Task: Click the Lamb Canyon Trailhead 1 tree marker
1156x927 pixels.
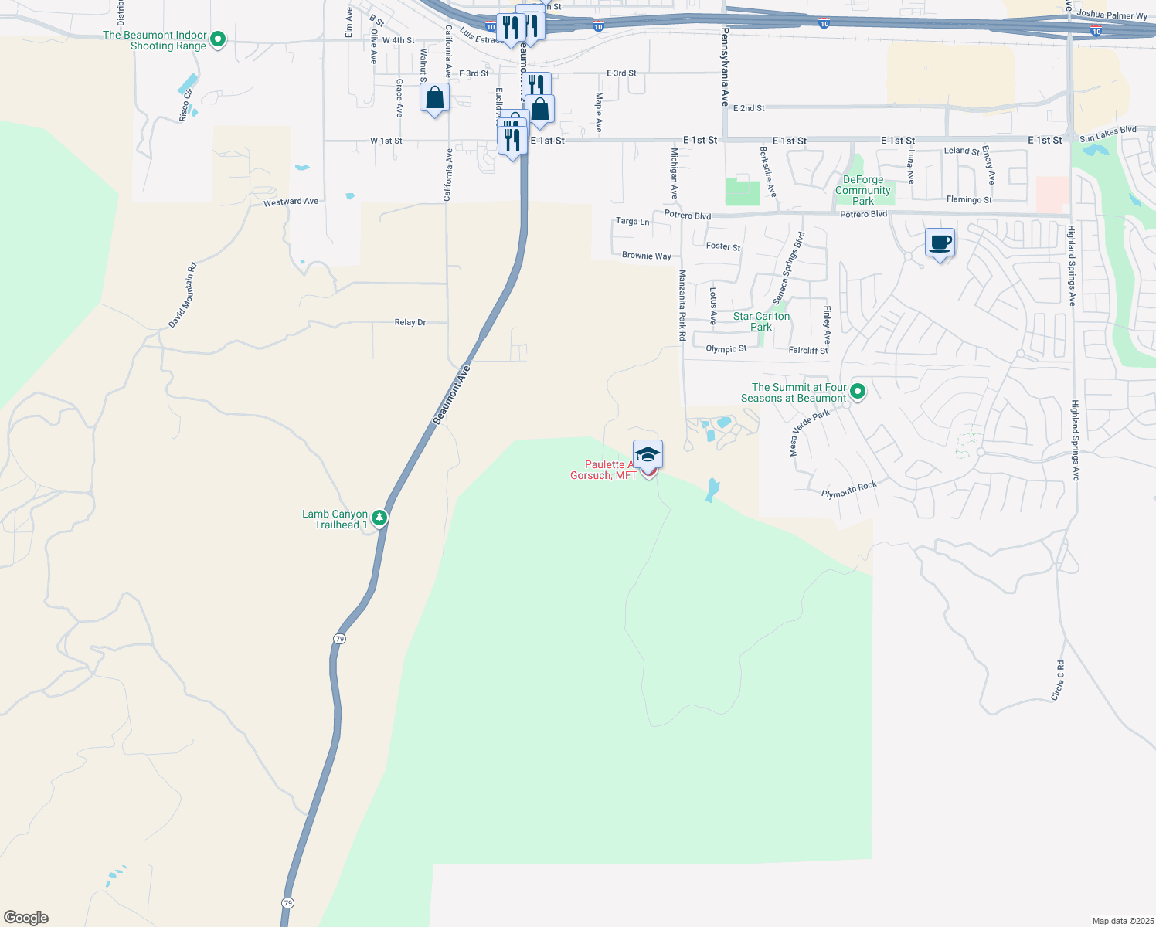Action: coord(379,518)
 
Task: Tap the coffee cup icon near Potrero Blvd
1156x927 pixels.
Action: coord(940,243)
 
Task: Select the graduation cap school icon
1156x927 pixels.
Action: coord(648,454)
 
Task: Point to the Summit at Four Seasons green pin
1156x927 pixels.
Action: coord(857,392)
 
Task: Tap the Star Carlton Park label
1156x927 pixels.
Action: coord(761,321)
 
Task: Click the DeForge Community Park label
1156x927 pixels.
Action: coord(862,190)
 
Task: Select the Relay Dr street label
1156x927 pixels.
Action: coord(410,322)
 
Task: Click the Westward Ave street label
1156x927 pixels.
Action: coord(291,202)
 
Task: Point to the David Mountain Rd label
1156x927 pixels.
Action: coord(183,296)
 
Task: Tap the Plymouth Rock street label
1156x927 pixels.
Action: coord(848,490)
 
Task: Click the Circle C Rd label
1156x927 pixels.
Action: coord(1057,681)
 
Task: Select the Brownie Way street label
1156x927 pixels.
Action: coord(646,256)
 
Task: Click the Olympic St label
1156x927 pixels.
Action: coord(726,349)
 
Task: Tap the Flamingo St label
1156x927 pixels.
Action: coord(969,199)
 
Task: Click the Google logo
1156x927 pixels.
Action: coord(26,918)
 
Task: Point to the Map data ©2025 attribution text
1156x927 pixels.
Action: coord(1121,921)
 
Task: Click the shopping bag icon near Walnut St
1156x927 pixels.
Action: coord(434,99)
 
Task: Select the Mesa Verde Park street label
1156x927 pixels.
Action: coord(808,433)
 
